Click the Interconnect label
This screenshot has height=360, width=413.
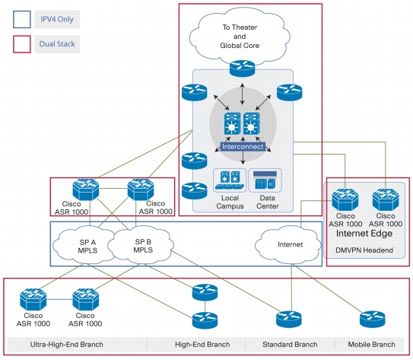tap(243, 147)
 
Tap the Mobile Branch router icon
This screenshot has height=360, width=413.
tap(373, 319)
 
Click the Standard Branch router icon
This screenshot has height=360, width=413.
tap(289, 319)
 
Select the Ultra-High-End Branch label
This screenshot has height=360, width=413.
tap(66, 345)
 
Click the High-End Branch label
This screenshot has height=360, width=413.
tap(202, 345)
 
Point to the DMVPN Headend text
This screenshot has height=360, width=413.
tap(364, 250)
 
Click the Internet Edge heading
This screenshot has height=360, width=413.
tap(364, 234)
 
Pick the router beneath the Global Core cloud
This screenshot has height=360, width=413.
tap(243, 68)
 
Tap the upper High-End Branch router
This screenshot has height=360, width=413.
tap(205, 292)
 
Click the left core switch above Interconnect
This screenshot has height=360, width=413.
tap(232, 123)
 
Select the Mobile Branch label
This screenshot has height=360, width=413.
tap(371, 345)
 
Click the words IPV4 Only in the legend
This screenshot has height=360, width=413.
tap(57, 19)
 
